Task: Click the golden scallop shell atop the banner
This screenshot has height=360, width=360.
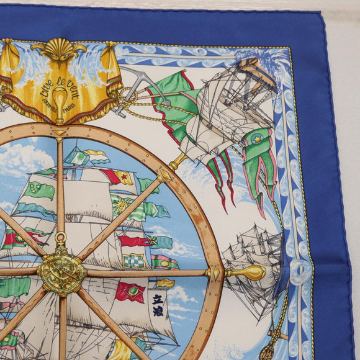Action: point(59,48)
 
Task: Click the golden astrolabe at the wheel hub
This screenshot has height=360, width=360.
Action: point(61,271)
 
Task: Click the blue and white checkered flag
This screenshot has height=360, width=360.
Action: point(133,261)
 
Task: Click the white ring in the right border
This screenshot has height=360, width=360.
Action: point(300,273)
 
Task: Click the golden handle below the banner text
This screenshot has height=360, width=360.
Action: point(59,102)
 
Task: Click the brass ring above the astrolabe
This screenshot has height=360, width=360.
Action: point(60,238)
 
